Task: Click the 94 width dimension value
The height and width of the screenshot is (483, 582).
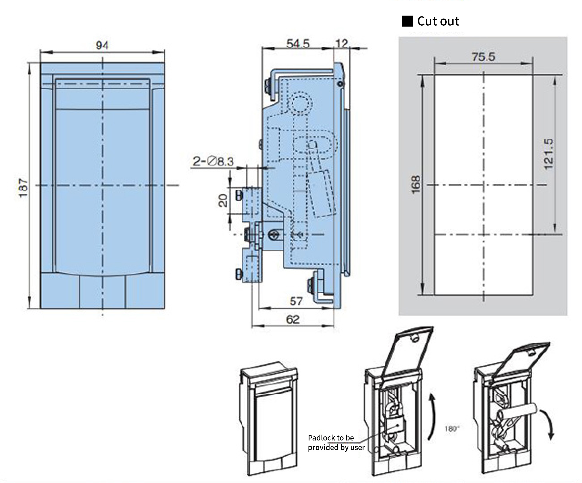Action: (102, 45)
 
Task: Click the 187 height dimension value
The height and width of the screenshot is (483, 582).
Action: (23, 188)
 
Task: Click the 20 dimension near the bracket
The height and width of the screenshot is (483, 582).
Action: (223, 200)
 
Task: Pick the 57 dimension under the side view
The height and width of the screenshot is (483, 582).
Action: (296, 301)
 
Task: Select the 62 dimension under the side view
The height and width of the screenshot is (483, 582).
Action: (293, 320)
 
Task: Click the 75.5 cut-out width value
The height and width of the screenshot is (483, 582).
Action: (483, 57)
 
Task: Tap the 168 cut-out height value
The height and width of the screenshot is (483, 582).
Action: (416, 185)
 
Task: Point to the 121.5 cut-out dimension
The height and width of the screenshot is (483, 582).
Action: (548, 154)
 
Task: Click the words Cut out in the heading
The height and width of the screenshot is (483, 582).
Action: (438, 21)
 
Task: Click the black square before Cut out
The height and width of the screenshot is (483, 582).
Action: (407, 21)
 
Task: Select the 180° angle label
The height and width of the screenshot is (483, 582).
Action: (452, 429)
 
